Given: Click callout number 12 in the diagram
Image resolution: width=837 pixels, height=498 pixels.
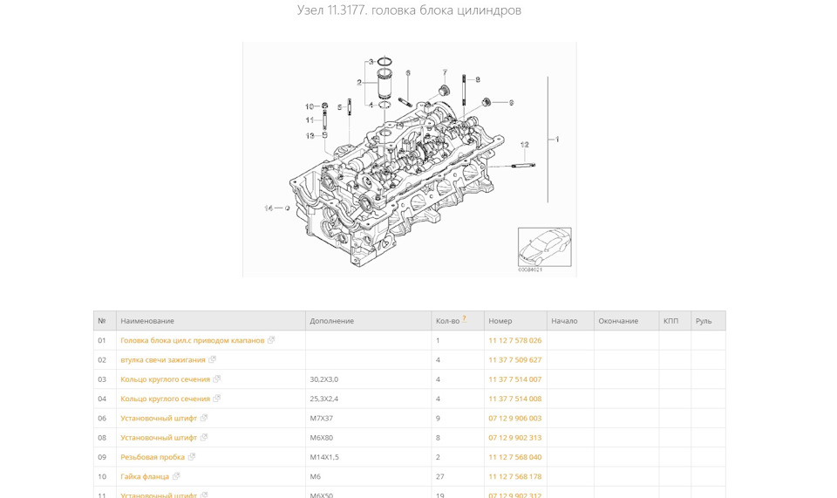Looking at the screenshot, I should pos(524,145).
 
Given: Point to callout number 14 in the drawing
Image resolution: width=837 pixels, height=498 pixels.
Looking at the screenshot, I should pos(269,208).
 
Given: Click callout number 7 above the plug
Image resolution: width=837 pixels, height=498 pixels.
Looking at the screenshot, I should pos(444,72).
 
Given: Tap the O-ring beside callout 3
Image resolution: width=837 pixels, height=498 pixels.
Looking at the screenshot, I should pos(385,61).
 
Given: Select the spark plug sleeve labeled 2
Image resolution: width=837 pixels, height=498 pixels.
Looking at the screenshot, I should pos(384,85).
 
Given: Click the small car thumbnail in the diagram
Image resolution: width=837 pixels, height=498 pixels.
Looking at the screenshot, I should pos(544,247).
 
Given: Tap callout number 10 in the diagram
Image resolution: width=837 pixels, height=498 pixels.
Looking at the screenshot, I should pos(310,106).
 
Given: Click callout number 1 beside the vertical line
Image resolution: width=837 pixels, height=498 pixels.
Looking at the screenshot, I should pos(557,140).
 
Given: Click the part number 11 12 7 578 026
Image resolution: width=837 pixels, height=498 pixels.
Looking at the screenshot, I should pos(514,341).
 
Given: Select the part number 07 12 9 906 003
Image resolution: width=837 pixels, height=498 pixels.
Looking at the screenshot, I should pos(514,419).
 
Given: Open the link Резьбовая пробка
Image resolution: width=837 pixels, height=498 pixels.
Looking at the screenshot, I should pos(153,457).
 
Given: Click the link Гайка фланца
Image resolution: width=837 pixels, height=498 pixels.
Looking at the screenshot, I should pos(145,476).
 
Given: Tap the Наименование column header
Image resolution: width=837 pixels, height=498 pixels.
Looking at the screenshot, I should pos(147,321).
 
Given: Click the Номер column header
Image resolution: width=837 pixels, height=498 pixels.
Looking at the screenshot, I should pos(500,321).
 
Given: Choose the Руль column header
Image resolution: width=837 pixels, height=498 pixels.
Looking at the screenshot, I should pos(704,321).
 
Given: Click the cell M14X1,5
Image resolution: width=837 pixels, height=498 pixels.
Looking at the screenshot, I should pos(324,457).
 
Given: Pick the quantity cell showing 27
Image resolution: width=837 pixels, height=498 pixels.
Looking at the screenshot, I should pos(440,476).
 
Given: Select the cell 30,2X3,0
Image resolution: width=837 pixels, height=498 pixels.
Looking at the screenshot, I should pos(324,379).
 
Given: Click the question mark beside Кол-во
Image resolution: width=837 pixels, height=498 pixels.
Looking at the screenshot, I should pos(464,319).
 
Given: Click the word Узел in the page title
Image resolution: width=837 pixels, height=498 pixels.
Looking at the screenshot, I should pos(310,10).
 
